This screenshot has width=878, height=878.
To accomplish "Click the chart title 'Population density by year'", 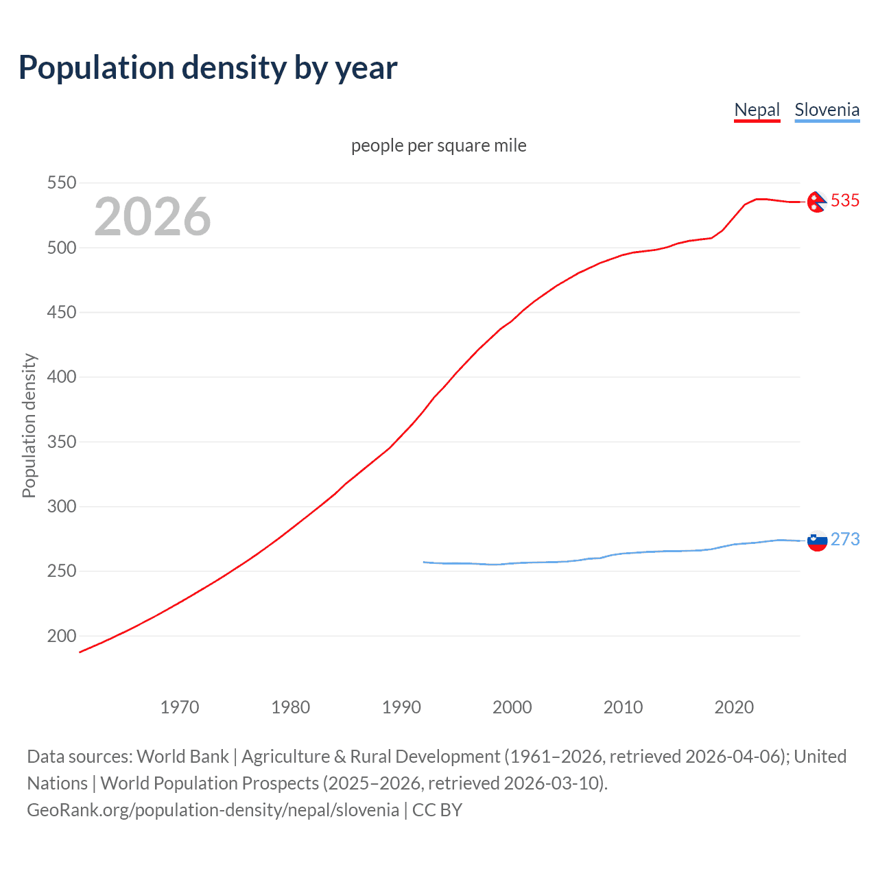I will pyautogui.click(x=208, y=68).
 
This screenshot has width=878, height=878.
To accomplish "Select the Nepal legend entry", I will pyautogui.click(x=757, y=110).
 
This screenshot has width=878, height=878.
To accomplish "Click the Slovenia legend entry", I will pyautogui.click(x=827, y=110).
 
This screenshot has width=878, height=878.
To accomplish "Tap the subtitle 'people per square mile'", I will pyautogui.click(x=438, y=145).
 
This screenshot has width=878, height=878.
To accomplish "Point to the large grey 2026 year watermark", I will pyautogui.click(x=152, y=217).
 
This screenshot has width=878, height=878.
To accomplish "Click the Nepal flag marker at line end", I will pyautogui.click(x=816, y=202).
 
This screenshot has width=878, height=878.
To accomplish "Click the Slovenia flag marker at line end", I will pyautogui.click(x=817, y=541).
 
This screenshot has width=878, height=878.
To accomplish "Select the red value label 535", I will pyautogui.click(x=844, y=200).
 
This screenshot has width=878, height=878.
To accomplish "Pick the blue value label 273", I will pyautogui.click(x=844, y=539).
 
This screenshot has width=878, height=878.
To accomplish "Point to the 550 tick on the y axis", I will pyautogui.click(x=62, y=182).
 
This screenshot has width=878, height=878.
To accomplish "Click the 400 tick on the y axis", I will pyautogui.click(x=62, y=377).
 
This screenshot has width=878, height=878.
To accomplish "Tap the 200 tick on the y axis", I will pyautogui.click(x=62, y=636).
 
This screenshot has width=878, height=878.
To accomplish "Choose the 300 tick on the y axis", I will pyautogui.click(x=62, y=506).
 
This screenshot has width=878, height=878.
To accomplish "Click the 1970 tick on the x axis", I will pyautogui.click(x=180, y=707).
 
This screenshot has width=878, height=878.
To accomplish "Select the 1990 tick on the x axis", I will pyautogui.click(x=401, y=707).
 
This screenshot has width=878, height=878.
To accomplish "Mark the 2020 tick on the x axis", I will pyautogui.click(x=734, y=707).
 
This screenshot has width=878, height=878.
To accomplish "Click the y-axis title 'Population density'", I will pyautogui.click(x=29, y=425).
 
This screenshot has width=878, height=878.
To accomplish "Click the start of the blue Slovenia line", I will pyautogui.click(x=424, y=562).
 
